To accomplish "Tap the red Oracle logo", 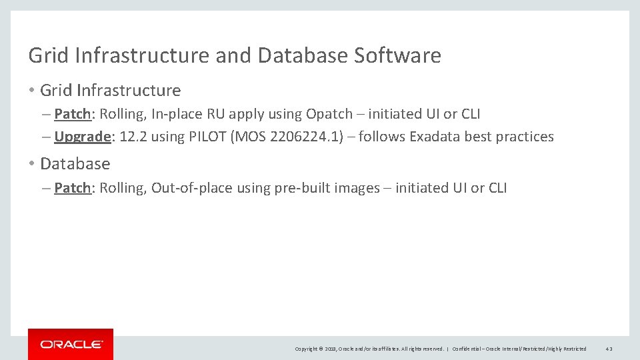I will point(71,344).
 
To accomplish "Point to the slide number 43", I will point(609,349).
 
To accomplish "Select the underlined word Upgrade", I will point(82,137).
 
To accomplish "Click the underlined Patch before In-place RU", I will point(72,114).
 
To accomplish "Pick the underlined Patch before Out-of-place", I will point(72,188).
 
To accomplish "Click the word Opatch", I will point(329,114).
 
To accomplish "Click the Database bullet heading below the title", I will point(75,163).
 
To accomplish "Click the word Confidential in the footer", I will point(467,349).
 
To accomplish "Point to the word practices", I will point(524,137).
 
